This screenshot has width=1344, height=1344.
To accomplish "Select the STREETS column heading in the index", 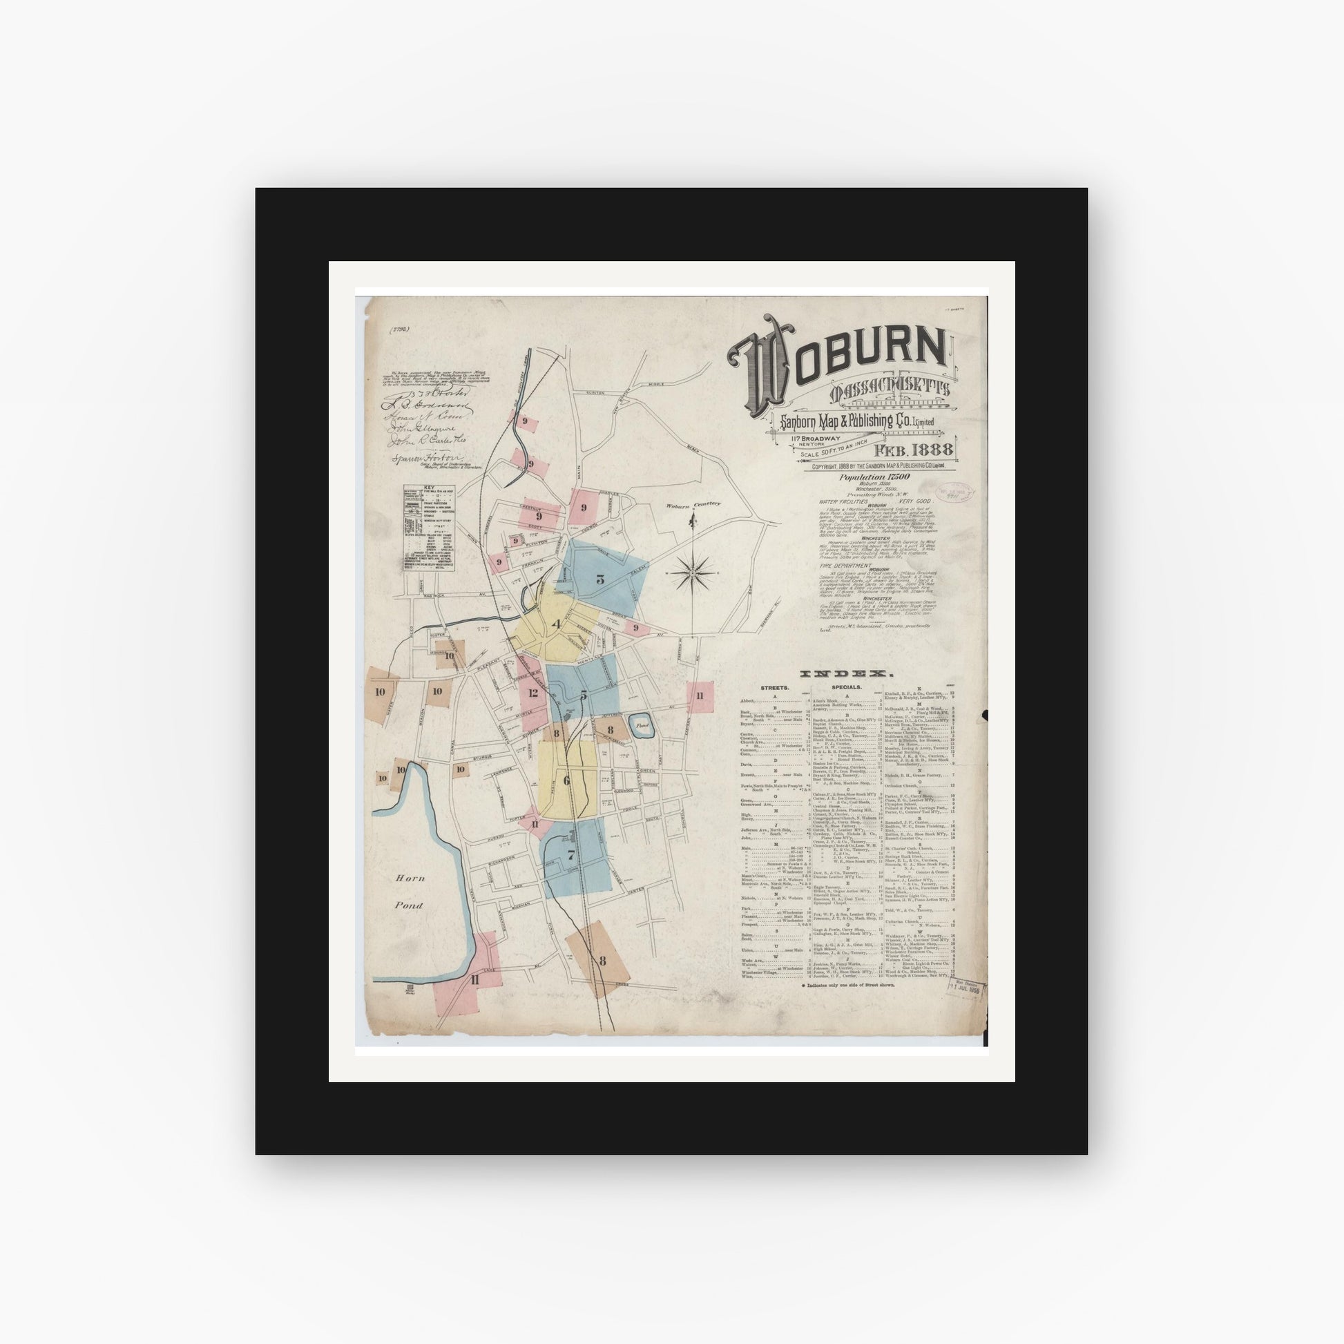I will pyautogui.click(x=774, y=687).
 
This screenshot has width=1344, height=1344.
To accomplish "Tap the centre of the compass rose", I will pyautogui.click(x=693, y=572).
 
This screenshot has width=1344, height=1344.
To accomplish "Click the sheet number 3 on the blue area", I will pyautogui.click(x=599, y=578).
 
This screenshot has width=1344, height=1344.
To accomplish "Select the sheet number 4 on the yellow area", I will pyautogui.click(x=555, y=623).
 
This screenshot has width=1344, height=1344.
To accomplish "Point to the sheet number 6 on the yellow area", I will pyautogui.click(x=566, y=780).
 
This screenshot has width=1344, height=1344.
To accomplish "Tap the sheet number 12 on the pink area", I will pyautogui.click(x=533, y=693).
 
